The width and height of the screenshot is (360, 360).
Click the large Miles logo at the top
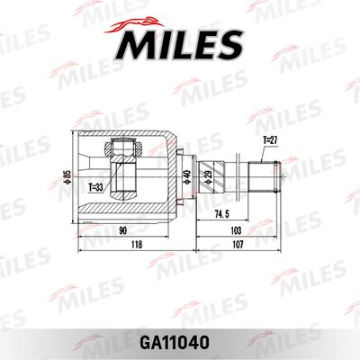[x=179, y=41]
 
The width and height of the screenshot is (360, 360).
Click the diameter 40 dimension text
[x=187, y=176]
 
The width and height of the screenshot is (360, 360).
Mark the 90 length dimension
[x=121, y=230]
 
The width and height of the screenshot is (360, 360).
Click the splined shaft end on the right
[x=271, y=175]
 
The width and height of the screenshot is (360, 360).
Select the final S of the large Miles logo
[x=229, y=43]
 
